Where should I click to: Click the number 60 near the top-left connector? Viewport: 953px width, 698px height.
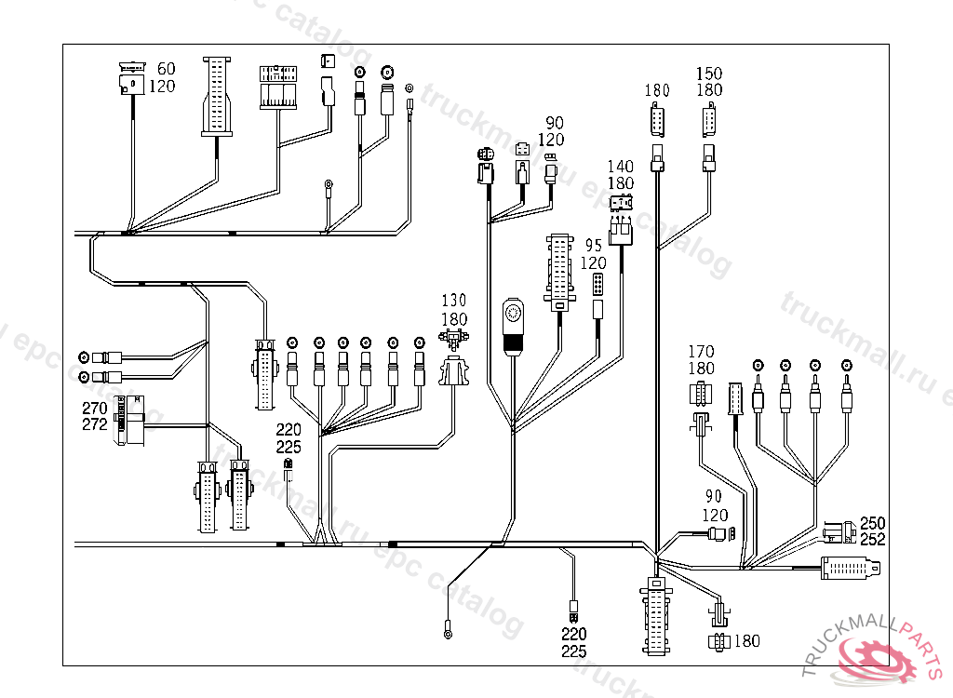coord(166,69)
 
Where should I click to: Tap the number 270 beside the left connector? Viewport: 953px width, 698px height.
coord(95,409)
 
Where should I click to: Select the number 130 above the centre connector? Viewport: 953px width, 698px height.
coord(454,302)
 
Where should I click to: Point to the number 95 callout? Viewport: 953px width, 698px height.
coord(595,247)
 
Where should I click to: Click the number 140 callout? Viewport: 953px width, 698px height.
coord(621,167)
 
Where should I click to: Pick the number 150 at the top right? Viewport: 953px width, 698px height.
coord(709,74)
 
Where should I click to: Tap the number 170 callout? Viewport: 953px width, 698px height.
coord(701,352)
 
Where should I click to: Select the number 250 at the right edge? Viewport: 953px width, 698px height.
coord(872,523)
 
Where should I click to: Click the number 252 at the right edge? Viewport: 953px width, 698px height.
coord(872,539)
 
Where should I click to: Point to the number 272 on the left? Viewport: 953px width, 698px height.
coord(95,424)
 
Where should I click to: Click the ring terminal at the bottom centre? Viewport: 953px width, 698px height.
coord(450,634)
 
